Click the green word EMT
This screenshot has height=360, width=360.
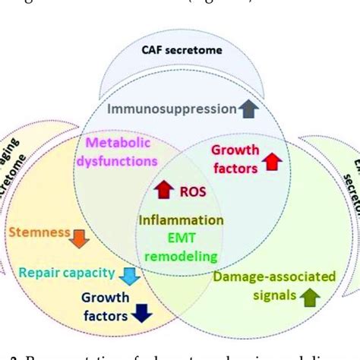click(x=176, y=239)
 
